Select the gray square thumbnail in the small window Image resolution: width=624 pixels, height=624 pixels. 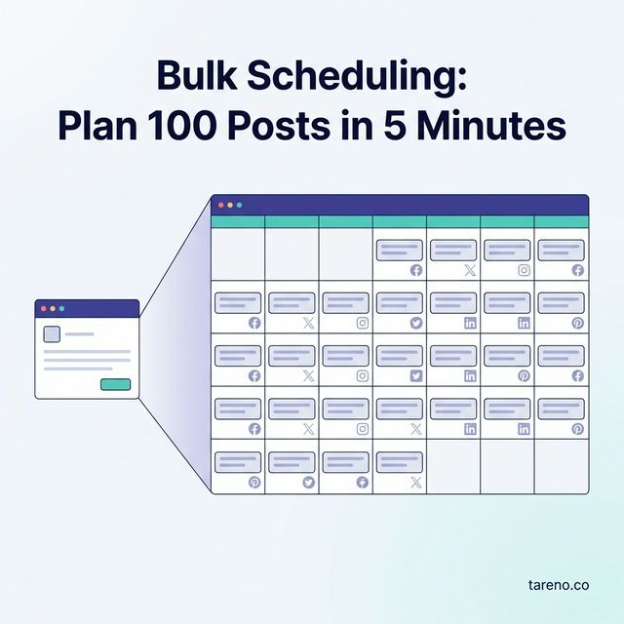[53, 333]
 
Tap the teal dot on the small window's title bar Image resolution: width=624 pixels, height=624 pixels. [61, 308]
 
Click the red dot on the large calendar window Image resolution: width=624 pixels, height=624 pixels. [221, 205]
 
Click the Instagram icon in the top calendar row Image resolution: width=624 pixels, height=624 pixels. [524, 270]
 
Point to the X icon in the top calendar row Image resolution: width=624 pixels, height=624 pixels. [470, 270]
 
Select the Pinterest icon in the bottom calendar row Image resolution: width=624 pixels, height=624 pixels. [254, 482]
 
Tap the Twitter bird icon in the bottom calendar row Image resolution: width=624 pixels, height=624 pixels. [308, 482]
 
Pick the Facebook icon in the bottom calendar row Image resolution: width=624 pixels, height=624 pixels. [363, 482]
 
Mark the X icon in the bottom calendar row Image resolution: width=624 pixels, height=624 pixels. [416, 482]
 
